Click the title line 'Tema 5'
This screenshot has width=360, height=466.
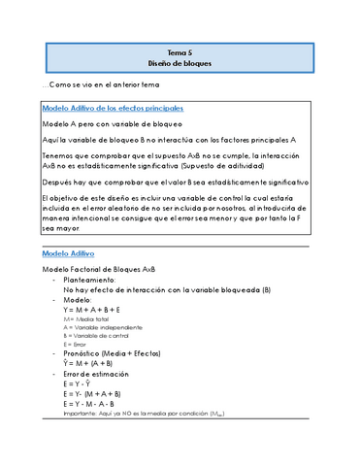click(180, 52)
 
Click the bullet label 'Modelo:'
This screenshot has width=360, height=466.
click(79, 301)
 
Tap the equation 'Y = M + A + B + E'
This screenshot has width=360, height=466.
click(98, 311)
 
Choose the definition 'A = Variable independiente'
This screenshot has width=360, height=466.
click(101, 328)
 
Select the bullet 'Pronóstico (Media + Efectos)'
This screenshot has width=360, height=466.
click(120, 354)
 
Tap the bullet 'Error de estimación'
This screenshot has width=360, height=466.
click(102, 375)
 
